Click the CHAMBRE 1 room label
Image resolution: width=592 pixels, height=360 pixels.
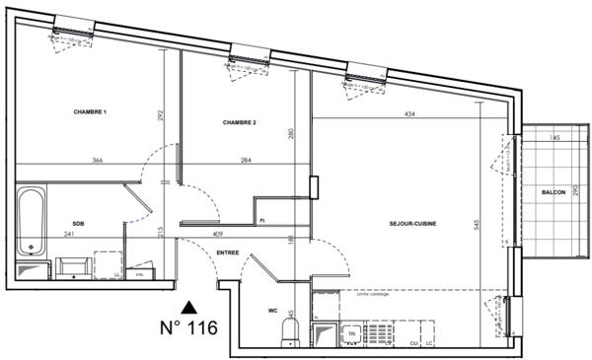click(90, 112)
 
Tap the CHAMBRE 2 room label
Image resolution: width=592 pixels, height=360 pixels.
click(239, 122)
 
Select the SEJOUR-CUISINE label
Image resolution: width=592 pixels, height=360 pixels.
click(412, 224)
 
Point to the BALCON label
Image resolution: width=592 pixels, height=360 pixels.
click(553, 192)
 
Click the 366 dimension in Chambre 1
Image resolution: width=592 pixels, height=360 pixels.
click(99, 160)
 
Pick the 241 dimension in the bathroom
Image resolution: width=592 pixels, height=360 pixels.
click(68, 235)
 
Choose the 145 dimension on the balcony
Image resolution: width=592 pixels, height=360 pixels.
click(555, 139)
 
